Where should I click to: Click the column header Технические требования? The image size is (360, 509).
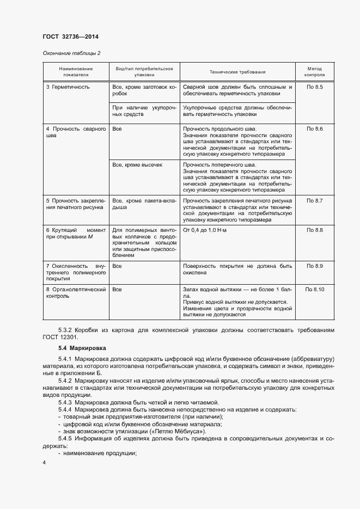(237, 72)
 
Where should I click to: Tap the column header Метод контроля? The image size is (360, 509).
(315, 72)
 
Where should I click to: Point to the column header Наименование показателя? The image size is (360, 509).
(76, 72)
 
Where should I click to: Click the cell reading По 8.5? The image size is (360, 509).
(315, 87)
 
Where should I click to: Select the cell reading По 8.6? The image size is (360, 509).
(315, 128)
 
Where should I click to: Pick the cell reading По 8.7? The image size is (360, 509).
(315, 201)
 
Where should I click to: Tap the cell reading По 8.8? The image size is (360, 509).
(315, 230)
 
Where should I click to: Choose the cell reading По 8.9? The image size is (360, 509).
(315, 266)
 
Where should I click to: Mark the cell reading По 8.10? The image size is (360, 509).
(315, 289)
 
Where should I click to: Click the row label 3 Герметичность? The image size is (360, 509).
(68, 87)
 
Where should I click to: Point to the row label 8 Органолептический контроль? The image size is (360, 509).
(76, 293)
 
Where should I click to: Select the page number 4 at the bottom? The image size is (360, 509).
(44, 462)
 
